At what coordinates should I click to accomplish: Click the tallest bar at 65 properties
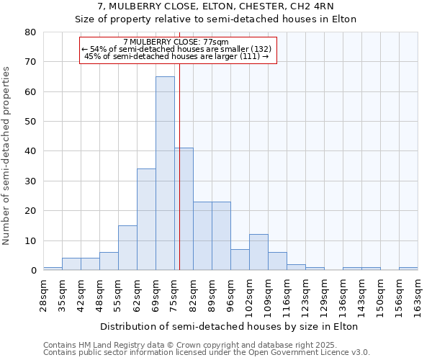tap(165, 173)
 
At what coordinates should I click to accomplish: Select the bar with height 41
tap(184, 209)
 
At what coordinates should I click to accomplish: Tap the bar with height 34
tap(146, 220)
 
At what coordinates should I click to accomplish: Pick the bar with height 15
tap(127, 248)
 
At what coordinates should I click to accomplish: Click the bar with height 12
tap(258, 252)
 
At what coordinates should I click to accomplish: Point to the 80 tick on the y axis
tap(30, 32)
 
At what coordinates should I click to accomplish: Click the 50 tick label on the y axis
tap(30, 122)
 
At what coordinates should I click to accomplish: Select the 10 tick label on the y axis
tap(30, 240)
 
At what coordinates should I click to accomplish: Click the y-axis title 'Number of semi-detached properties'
tap(7, 156)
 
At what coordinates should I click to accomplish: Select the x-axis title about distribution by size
tap(230, 326)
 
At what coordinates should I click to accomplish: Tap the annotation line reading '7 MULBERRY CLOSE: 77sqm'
tap(176, 42)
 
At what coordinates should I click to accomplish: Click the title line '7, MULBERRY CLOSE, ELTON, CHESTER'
tap(216, 6)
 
